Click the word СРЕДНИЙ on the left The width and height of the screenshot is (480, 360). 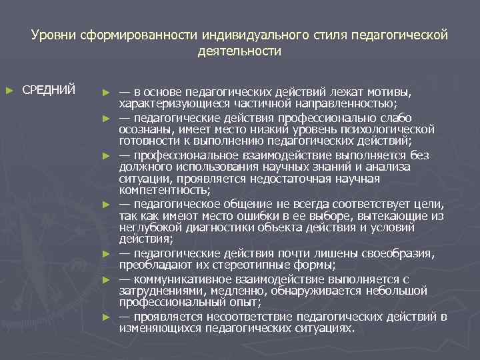point(49,89)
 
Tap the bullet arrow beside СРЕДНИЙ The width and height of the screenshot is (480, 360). point(9,89)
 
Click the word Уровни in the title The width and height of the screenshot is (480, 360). point(53,34)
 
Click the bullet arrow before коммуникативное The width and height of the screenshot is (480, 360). point(105,279)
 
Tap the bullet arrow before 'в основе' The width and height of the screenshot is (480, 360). point(105,91)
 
